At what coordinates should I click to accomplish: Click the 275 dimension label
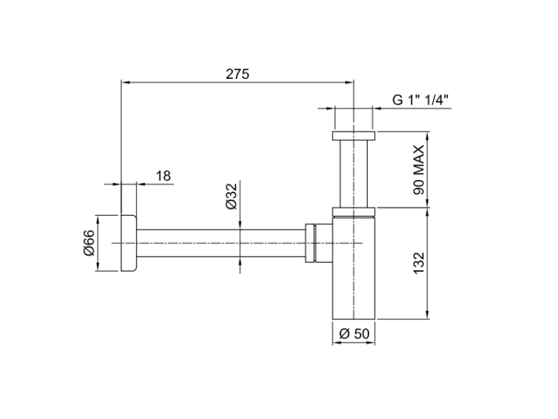coord(237,74)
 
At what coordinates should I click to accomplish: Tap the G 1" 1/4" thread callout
coord(420,100)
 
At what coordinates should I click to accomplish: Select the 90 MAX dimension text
coord(419,170)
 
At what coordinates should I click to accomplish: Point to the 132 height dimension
coord(419,263)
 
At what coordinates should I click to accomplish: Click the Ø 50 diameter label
coord(354,333)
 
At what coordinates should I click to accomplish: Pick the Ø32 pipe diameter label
coord(231,196)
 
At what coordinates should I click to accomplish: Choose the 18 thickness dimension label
coord(164,176)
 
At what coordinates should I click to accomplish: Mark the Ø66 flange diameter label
coord(89,243)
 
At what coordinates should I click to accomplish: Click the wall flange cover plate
coord(129,243)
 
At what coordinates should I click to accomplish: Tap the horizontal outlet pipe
coord(221,243)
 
